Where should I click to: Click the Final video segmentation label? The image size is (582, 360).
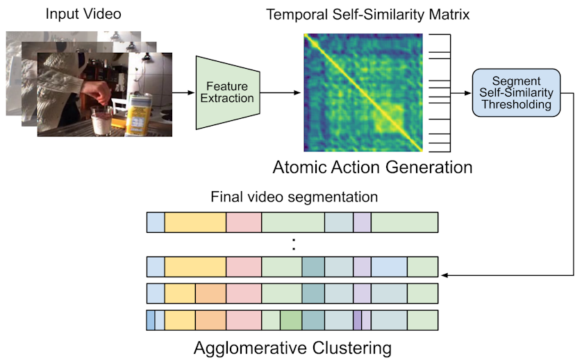click(294, 197)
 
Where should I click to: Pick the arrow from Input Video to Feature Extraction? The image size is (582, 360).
click(183, 92)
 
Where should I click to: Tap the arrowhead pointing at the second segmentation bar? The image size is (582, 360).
click(445, 275)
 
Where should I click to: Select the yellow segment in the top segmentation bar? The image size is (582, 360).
click(195, 222)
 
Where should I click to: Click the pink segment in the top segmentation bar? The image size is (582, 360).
click(244, 222)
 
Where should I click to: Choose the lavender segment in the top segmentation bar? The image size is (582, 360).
click(362, 222)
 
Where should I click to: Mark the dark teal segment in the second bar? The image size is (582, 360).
click(313, 268)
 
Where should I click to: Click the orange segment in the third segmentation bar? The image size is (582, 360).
click(210, 294)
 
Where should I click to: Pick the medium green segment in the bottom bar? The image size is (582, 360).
click(291, 320)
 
